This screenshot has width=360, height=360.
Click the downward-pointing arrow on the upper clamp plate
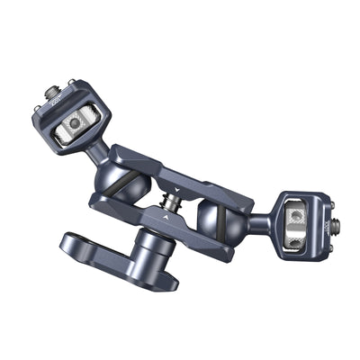178,189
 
